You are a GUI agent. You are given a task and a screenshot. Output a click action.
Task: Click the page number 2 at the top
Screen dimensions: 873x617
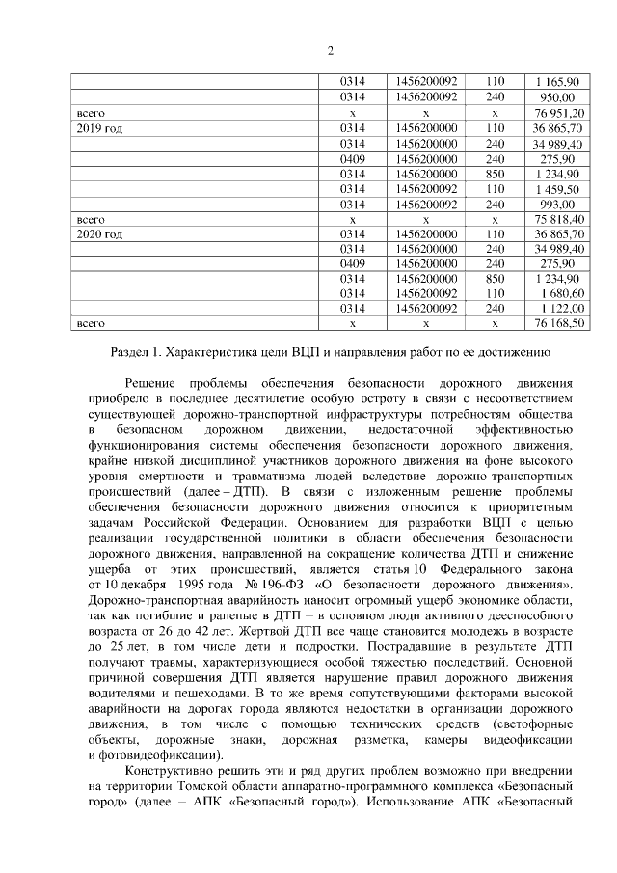(x=330, y=51)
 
